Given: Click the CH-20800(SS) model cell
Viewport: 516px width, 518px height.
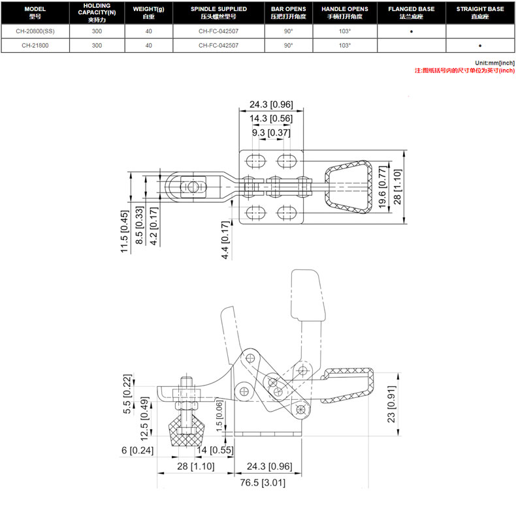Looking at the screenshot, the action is pos(35,31).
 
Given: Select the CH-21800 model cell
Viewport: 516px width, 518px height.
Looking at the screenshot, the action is pos(35,46).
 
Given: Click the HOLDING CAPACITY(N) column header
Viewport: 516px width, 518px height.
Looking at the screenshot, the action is pos(97,12).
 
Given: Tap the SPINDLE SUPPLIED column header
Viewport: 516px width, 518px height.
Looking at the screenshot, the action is pos(219,12).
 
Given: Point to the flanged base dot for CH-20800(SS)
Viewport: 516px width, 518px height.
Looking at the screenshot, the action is pos(411,32).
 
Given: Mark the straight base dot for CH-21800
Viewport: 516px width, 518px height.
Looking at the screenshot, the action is pos(480,46).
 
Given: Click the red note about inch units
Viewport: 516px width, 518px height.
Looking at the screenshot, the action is pos(465,70).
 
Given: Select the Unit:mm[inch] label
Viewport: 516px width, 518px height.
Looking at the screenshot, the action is pos(495,63).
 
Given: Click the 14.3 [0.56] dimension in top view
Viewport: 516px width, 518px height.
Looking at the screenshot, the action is pos(271,118).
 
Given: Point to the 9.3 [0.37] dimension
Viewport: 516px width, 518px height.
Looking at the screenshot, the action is pos(271,133).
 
